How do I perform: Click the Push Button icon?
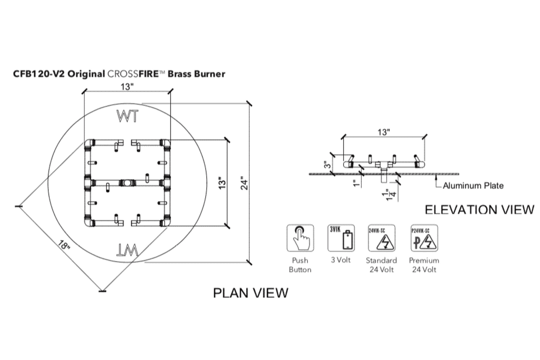pyautogui.click(x=300, y=238)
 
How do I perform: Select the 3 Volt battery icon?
pyautogui.click(x=341, y=238)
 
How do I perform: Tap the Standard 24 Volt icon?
pyautogui.click(x=381, y=238)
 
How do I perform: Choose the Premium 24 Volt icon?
pyautogui.click(x=424, y=238)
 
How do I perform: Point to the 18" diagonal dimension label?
pyautogui.click(x=64, y=245)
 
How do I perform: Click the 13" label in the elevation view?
pyautogui.click(x=383, y=132)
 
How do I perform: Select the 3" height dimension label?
pyautogui.click(x=327, y=164)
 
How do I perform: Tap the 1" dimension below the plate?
pyautogui.click(x=356, y=182)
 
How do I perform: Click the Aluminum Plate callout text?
pyautogui.click(x=473, y=185)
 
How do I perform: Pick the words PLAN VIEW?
pyautogui.click(x=250, y=293)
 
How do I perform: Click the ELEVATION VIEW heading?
pyautogui.click(x=479, y=209)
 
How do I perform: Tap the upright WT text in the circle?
pyautogui.click(x=128, y=116)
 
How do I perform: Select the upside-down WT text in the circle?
pyautogui.click(x=128, y=249)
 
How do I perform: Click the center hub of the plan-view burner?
pyautogui.click(x=127, y=183)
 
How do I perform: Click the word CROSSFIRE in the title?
pyautogui.click(x=136, y=74)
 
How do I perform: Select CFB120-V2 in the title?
pyautogui.click(x=38, y=74)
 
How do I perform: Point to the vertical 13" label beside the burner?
pyautogui.click(x=222, y=183)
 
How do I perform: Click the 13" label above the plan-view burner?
pyautogui.click(x=127, y=87)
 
